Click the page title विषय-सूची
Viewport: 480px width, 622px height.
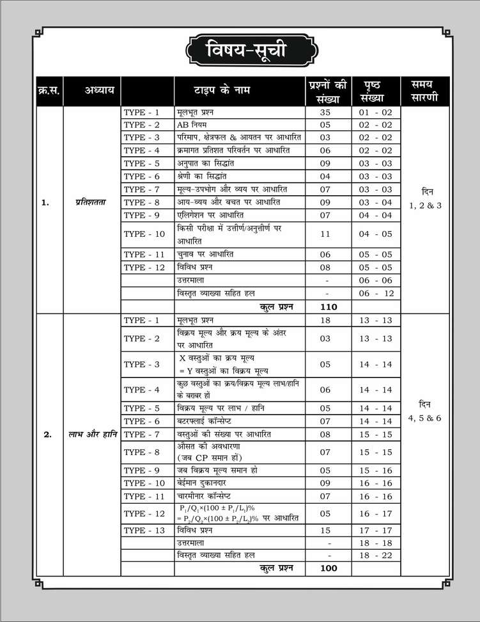coord(240,51)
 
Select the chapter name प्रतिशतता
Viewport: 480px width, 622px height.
coord(93,202)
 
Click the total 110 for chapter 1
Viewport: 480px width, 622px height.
coord(327,307)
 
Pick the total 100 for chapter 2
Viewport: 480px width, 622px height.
coord(327,568)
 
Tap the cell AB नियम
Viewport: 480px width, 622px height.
coord(192,124)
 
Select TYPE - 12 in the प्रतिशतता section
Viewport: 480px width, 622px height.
coord(144,267)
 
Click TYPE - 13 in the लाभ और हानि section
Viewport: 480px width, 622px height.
coord(144,530)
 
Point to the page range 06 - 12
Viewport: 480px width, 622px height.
coord(375,294)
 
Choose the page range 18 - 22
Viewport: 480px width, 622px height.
coord(375,555)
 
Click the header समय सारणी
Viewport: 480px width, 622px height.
coord(426,91)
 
